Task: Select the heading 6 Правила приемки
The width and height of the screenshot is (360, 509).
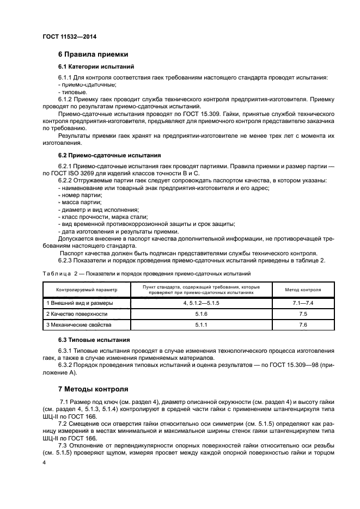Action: [93, 54]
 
